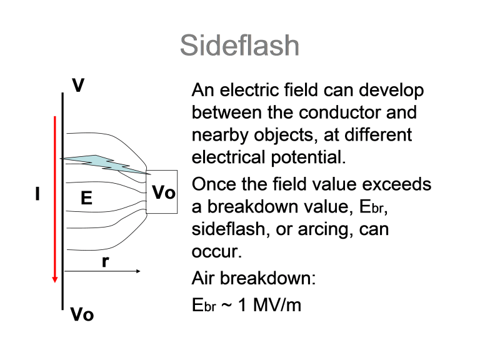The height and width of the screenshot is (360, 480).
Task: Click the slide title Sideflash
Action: (x=239, y=45)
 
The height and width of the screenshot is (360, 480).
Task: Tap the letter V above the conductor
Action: (x=78, y=85)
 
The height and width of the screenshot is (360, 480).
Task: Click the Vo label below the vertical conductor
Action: (x=82, y=314)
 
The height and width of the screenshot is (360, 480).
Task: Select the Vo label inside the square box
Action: (x=164, y=192)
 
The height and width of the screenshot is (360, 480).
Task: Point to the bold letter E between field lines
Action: (x=86, y=197)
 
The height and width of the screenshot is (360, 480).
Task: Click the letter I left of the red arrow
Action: (x=37, y=194)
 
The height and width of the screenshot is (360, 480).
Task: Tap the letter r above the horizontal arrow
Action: (x=105, y=262)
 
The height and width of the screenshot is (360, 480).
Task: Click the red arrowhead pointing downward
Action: (x=55, y=279)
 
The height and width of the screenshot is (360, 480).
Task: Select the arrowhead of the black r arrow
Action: (x=138, y=271)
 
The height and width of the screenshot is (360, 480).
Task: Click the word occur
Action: (x=217, y=252)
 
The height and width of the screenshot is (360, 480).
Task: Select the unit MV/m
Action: (x=277, y=305)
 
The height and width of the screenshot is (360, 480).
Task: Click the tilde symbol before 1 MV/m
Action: (x=226, y=306)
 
